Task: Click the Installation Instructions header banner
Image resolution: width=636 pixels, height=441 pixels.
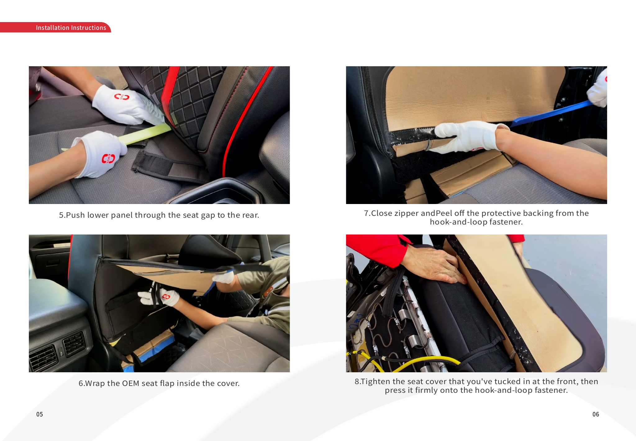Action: coord(55,27)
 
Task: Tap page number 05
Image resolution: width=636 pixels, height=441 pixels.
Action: coord(39,414)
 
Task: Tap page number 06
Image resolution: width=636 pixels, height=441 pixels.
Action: coord(596,414)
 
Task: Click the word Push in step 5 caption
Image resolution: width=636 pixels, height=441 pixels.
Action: coord(75,215)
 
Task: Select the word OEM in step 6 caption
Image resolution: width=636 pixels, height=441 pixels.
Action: coord(130,383)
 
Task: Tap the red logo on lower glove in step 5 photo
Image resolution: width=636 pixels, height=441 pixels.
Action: coord(109,158)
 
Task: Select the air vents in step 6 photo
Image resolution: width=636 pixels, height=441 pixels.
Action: coord(59,350)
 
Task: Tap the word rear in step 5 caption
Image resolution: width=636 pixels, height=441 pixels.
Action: coord(250,215)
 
